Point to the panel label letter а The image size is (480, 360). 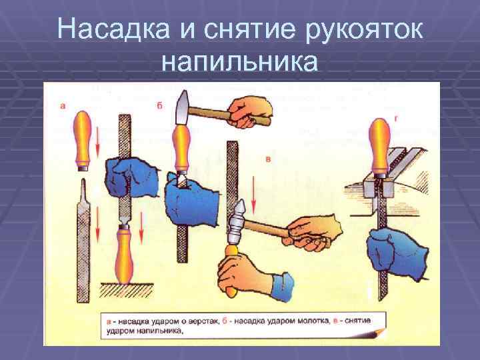(63, 105)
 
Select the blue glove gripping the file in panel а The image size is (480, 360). (128, 180)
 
